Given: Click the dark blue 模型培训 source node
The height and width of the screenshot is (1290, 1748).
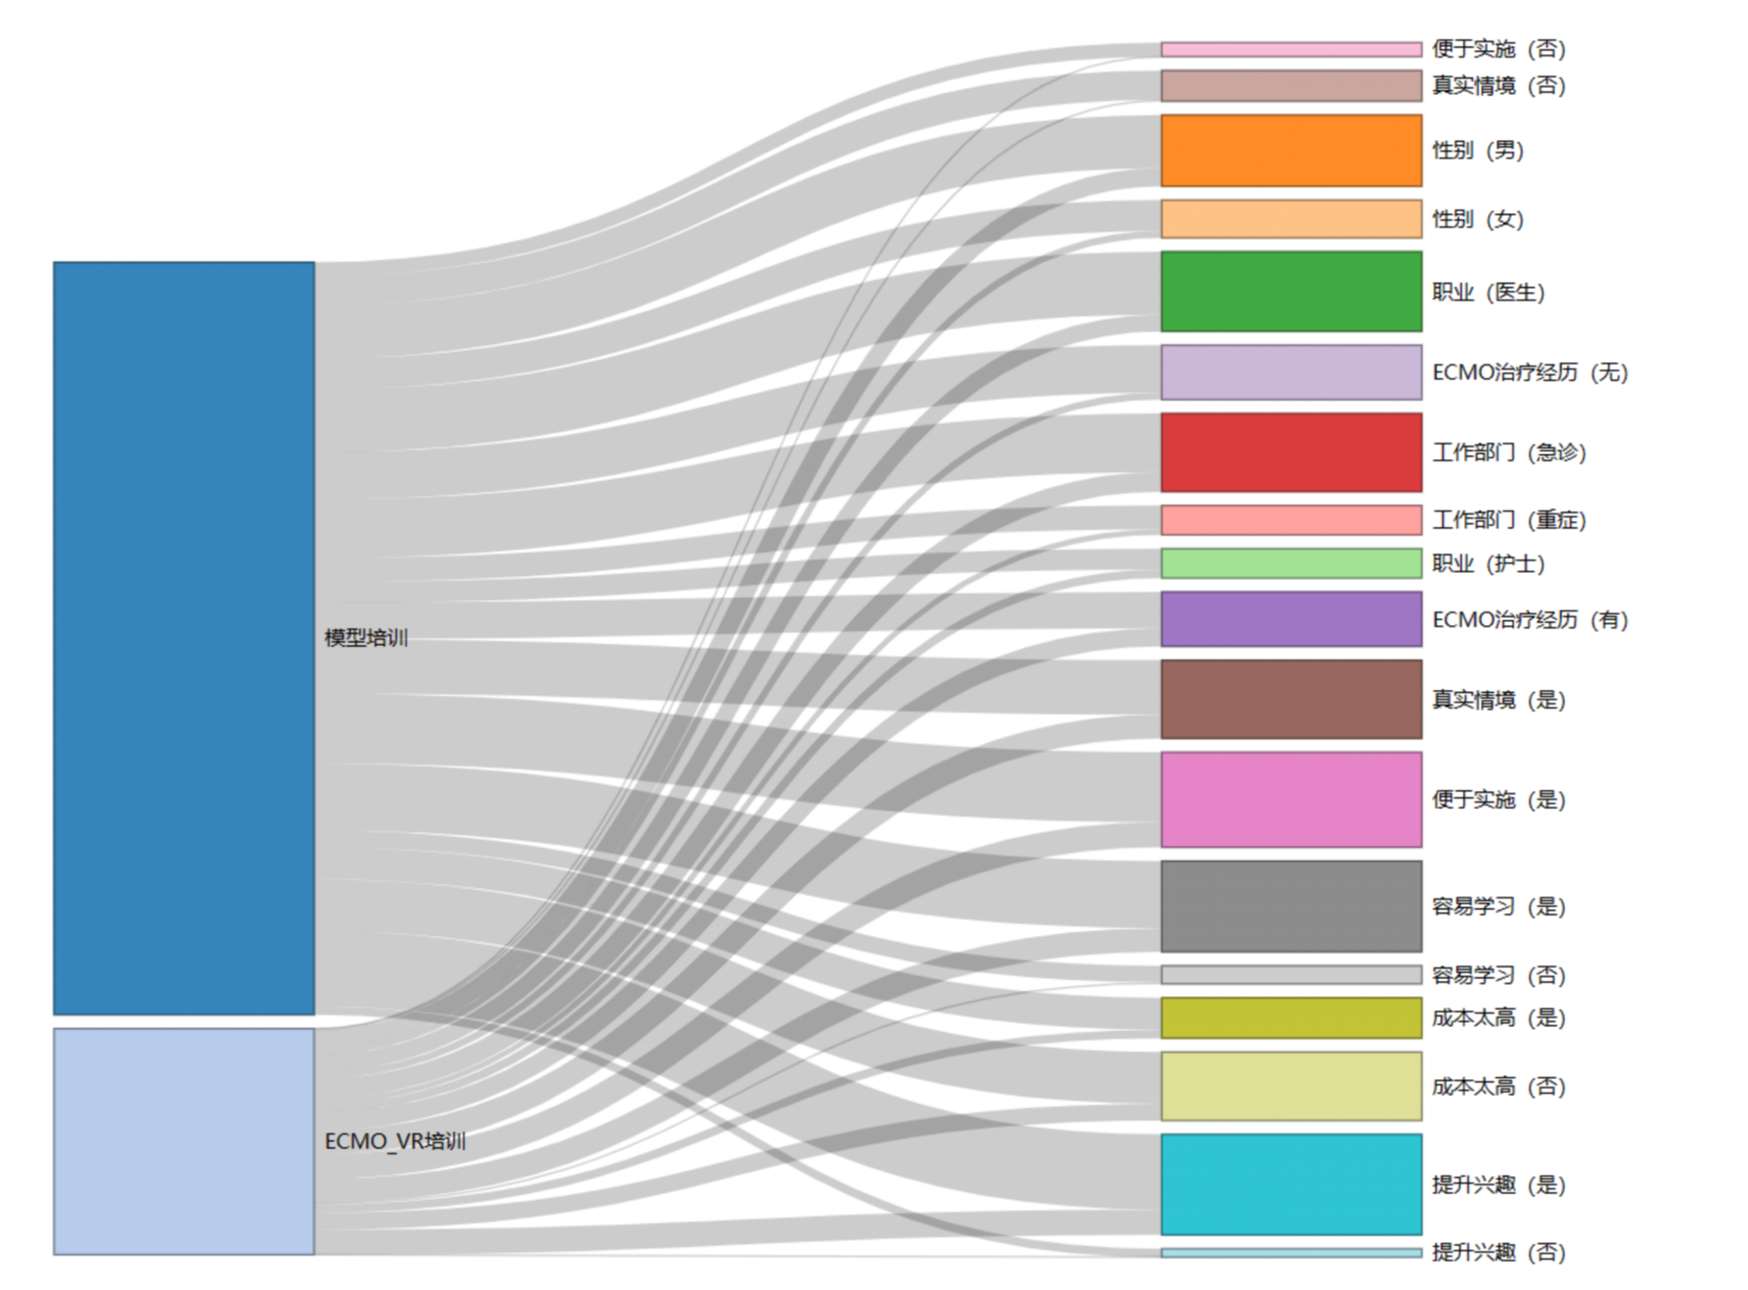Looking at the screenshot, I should (x=184, y=638).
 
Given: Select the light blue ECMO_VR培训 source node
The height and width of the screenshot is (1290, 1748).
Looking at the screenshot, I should (x=184, y=1141).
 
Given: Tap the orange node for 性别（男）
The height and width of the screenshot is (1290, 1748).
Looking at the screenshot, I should (x=1291, y=151).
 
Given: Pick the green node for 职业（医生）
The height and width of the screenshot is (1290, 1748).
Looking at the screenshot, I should (x=1291, y=292).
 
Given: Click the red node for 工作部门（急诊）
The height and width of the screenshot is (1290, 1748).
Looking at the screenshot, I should (x=1291, y=452).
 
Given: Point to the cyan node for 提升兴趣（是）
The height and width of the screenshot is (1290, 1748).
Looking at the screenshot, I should (x=1291, y=1183).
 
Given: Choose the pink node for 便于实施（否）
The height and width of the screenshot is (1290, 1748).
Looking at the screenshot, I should (x=1291, y=50).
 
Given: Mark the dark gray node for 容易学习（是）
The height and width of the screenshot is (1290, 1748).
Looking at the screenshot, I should (x=1291, y=906).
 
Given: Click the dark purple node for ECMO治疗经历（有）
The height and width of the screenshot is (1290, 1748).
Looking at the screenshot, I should (x=1291, y=619).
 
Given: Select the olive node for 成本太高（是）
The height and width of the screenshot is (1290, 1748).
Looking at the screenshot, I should (x=1291, y=1018).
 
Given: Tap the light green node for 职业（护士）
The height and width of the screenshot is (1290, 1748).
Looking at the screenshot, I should (x=1291, y=563).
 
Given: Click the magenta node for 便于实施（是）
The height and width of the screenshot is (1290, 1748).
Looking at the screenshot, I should (x=1291, y=799).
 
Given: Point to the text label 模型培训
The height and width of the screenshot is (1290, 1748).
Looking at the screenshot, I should (x=366, y=638).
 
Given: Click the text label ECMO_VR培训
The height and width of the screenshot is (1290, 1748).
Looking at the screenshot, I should (x=395, y=1141).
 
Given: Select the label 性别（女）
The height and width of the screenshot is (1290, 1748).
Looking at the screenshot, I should (x=1478, y=219).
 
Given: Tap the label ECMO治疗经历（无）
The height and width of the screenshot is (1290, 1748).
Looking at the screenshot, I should (x=1530, y=371).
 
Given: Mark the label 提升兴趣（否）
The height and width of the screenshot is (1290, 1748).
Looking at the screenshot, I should (x=1499, y=1252).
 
